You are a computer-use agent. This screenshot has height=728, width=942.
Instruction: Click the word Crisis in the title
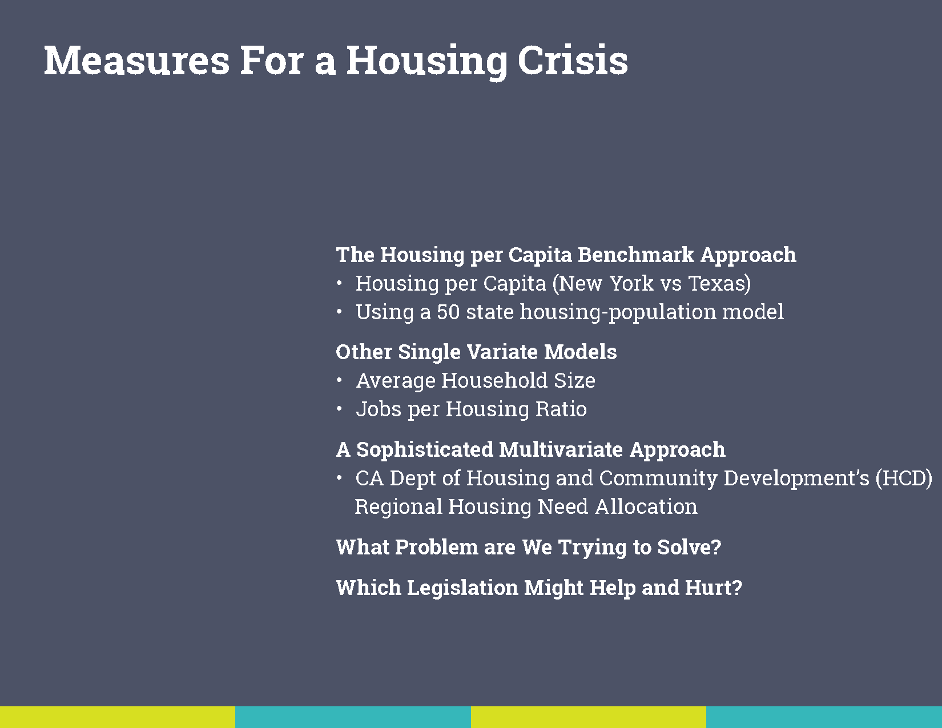[572, 61]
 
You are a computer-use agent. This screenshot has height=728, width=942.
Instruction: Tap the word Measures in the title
[136, 61]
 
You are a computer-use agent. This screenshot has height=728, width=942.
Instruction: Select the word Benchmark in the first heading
[635, 255]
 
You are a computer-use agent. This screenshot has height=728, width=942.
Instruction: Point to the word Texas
[719, 284]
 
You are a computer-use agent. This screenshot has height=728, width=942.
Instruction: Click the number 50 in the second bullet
[448, 312]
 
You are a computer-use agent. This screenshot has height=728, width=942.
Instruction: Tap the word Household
[494, 380]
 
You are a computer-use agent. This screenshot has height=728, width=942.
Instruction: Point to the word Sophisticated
[424, 449]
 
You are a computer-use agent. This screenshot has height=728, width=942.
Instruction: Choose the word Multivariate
[561, 449]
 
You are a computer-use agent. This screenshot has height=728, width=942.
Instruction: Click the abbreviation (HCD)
[903, 478]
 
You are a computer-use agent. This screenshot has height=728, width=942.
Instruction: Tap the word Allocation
[646, 507]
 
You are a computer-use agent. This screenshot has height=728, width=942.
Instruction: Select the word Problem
[437, 547]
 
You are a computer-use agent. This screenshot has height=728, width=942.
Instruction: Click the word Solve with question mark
[689, 547]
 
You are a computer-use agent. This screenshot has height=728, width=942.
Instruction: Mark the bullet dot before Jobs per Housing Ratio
[339, 408]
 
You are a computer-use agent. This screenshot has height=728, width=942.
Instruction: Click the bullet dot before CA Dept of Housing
[339, 478]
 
